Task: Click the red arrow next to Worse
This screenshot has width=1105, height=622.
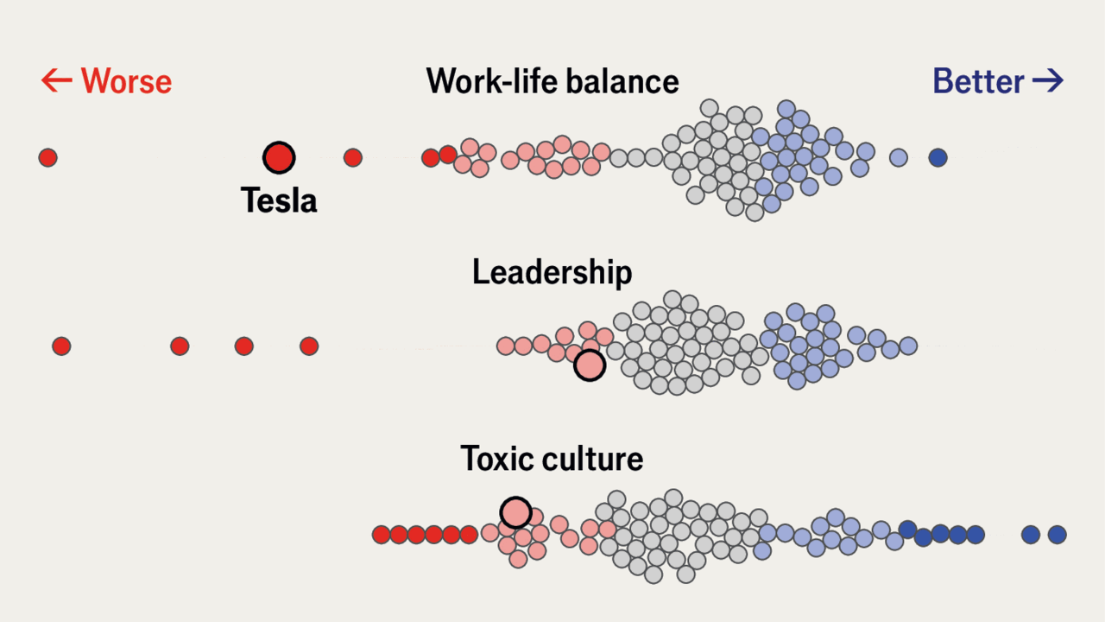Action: pyautogui.click(x=56, y=81)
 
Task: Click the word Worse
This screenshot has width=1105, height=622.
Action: pyautogui.click(x=126, y=81)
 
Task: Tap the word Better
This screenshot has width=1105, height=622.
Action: pyautogui.click(x=978, y=81)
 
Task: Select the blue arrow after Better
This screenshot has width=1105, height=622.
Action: pyautogui.click(x=1048, y=81)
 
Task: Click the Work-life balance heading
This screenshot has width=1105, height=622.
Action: pyautogui.click(x=552, y=81)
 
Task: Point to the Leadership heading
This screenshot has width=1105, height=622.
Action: pyautogui.click(x=552, y=272)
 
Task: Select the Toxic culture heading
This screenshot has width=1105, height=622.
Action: pyautogui.click(x=552, y=458)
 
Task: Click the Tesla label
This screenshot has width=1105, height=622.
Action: pyautogui.click(x=279, y=200)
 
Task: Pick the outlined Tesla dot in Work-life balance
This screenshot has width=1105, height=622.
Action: pyautogui.click(x=279, y=157)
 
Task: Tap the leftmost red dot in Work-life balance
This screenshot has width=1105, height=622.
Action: pyautogui.click(x=47, y=157)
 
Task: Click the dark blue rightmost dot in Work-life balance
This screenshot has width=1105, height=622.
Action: pyautogui.click(x=938, y=157)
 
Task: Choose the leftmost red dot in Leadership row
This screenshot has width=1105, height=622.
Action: pyautogui.click(x=60, y=346)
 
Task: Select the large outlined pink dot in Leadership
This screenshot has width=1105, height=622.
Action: pyautogui.click(x=590, y=365)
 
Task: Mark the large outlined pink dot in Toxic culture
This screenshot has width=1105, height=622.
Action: pyautogui.click(x=515, y=512)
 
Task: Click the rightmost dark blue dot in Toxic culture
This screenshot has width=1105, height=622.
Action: pyautogui.click(x=1057, y=535)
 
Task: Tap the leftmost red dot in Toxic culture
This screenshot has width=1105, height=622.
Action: pyautogui.click(x=382, y=535)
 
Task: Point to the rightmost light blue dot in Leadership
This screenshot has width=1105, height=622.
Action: pyautogui.click(x=907, y=346)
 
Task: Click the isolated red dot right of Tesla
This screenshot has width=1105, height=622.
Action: pyautogui.click(x=352, y=157)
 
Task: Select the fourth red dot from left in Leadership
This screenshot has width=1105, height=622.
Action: pyautogui.click(x=309, y=346)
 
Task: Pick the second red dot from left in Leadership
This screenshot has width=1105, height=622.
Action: pyautogui.click(x=180, y=346)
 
